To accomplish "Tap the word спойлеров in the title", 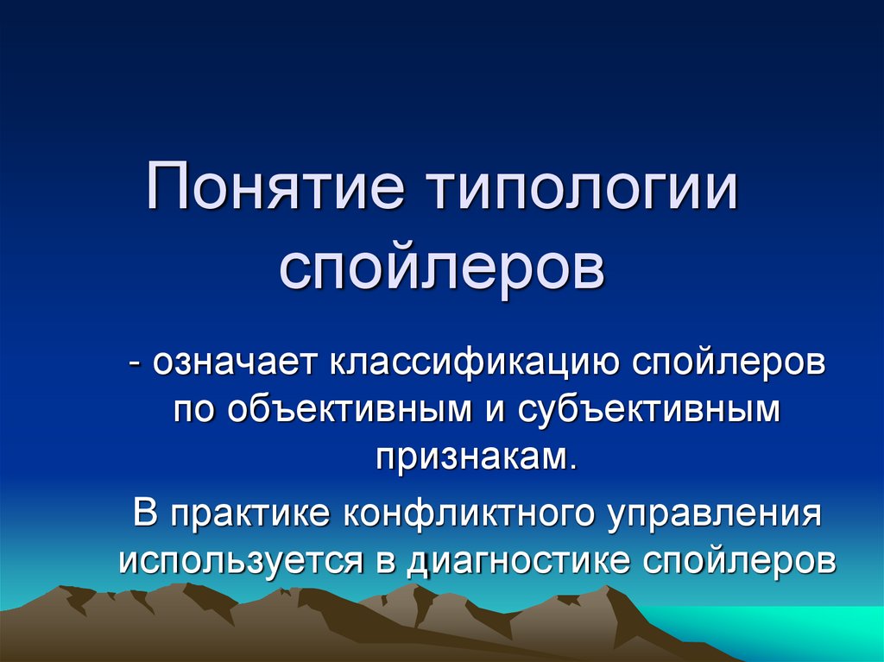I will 442,269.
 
